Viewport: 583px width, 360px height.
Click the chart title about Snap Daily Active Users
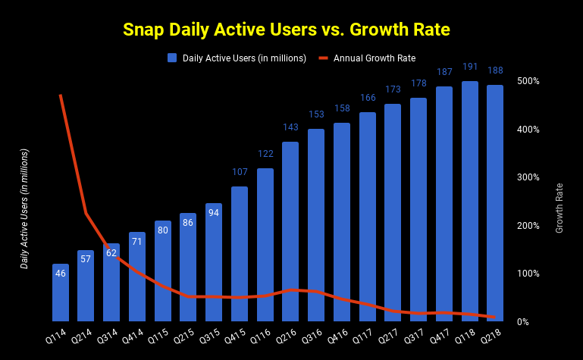point(287,30)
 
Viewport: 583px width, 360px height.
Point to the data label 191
point(470,70)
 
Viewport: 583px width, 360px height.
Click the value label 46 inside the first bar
point(61,273)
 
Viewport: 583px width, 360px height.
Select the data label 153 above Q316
point(316,114)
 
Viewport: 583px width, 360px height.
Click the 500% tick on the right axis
point(528,81)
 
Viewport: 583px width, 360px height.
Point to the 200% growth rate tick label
point(528,226)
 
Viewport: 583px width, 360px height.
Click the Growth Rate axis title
point(559,208)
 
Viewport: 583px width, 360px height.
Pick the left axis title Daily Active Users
point(24,208)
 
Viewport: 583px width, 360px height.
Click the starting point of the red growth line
point(61,95)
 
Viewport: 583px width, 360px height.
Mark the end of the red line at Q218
point(494,317)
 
